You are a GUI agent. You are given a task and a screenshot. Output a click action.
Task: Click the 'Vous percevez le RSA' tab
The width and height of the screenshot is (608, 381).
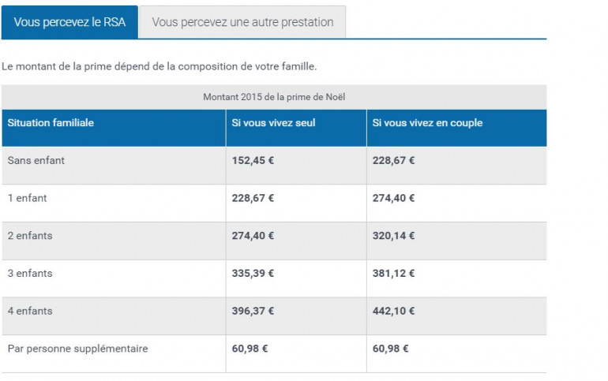pyautogui.click(x=69, y=22)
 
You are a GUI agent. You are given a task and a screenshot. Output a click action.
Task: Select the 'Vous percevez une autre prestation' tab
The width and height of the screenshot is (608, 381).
pyautogui.click(x=242, y=22)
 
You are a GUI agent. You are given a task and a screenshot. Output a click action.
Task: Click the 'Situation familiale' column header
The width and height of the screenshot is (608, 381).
pyautogui.click(x=51, y=123)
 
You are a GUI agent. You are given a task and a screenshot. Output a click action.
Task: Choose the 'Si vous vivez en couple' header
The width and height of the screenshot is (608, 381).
pyautogui.click(x=427, y=123)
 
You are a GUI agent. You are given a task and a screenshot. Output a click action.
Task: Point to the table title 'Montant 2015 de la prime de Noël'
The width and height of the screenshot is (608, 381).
pyautogui.click(x=274, y=97)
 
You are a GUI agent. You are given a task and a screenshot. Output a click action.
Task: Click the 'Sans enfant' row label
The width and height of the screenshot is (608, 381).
pyautogui.click(x=36, y=160)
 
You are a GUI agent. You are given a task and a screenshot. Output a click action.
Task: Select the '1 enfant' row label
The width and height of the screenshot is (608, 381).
pyautogui.click(x=28, y=198)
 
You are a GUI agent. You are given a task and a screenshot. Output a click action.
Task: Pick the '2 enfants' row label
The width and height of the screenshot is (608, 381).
pyautogui.click(x=30, y=236)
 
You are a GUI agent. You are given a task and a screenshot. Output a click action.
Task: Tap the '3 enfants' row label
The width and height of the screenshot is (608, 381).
pyautogui.click(x=30, y=273)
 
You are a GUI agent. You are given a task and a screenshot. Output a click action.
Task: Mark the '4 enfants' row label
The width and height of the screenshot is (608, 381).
pyautogui.click(x=30, y=311)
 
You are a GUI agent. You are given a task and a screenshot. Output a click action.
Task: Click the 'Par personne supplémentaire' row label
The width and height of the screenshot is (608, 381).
pyautogui.click(x=77, y=349)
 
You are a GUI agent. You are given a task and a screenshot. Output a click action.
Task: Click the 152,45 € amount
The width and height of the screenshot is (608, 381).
pyautogui.click(x=253, y=160)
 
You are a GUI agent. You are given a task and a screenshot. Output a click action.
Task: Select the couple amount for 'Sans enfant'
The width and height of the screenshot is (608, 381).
pyautogui.click(x=393, y=160)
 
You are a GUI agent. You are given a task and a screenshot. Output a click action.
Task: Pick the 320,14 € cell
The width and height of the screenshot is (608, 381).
pyautogui.click(x=393, y=236)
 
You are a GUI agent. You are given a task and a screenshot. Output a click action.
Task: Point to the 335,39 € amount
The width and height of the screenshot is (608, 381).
pyautogui.click(x=253, y=273)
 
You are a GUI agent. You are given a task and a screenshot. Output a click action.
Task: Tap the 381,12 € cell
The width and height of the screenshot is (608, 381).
pyautogui.click(x=393, y=273)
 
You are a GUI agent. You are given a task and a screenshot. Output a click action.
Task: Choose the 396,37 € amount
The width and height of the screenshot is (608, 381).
pyautogui.click(x=253, y=311)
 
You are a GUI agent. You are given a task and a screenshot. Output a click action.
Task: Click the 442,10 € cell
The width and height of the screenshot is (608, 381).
pyautogui.click(x=393, y=311)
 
